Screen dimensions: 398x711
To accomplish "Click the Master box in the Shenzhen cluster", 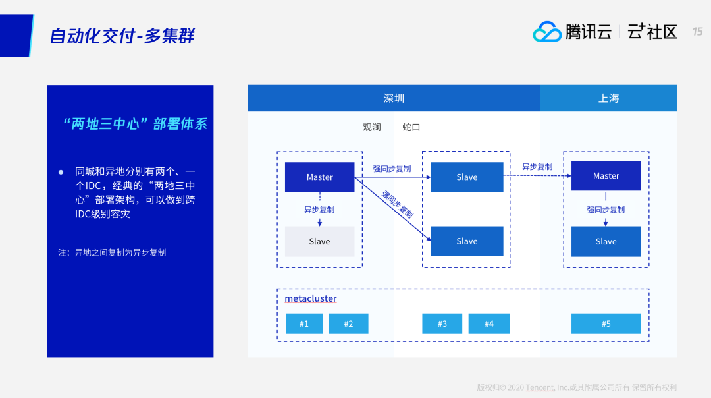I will (x=319, y=177).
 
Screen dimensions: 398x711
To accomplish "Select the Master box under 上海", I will (x=606, y=176).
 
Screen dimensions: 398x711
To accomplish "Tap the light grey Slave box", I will (x=319, y=242).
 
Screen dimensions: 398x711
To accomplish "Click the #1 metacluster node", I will (x=304, y=324).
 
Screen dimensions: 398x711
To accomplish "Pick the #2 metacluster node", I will (x=348, y=324).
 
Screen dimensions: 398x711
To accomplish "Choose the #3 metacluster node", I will (x=442, y=324).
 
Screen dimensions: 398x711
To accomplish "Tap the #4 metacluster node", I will (x=489, y=324).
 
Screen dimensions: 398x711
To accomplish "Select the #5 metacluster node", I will (x=606, y=324).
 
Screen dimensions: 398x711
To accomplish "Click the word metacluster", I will (x=311, y=299).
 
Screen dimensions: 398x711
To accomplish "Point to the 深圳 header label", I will (x=394, y=98).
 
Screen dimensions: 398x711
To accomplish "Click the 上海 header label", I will (x=608, y=98).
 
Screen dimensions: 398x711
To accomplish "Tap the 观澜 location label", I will (x=372, y=127).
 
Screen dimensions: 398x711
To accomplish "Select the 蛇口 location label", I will (x=411, y=127).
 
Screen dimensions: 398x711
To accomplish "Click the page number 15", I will (x=697, y=32).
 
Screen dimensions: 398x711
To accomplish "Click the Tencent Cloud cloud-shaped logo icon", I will (x=546, y=32).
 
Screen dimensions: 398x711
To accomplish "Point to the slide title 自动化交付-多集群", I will (x=122, y=36).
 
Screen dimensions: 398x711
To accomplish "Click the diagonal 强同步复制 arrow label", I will (x=398, y=204).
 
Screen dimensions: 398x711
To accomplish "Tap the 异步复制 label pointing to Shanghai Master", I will (x=537, y=167).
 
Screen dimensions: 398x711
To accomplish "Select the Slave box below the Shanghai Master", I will (x=606, y=242).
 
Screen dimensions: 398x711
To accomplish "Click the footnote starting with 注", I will (x=112, y=252).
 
